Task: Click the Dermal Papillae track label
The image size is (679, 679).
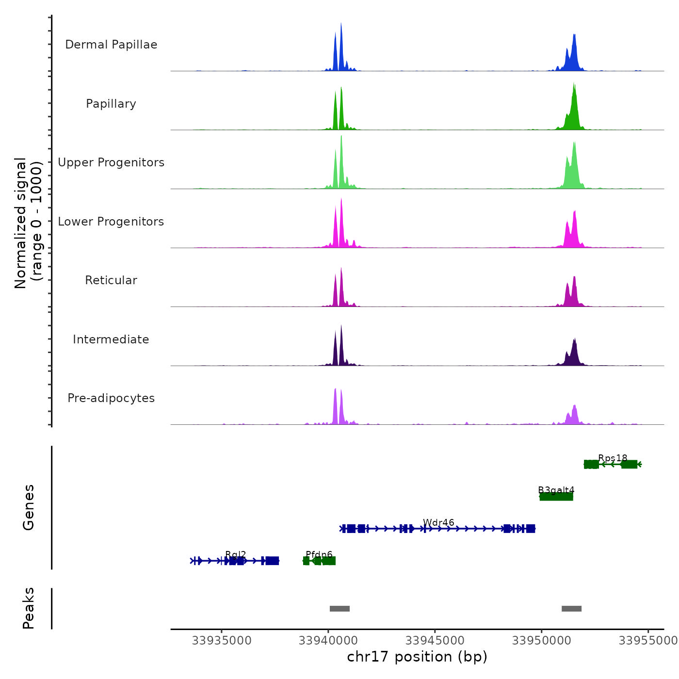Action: [111, 45]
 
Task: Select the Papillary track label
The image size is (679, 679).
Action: [111, 104]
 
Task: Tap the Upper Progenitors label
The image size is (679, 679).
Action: [111, 162]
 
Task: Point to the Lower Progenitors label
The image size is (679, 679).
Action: [111, 222]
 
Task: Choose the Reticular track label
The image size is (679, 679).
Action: [111, 280]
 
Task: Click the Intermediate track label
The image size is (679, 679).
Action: [111, 339]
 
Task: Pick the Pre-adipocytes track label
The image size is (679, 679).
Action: [111, 398]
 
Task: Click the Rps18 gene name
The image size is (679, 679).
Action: [613, 458]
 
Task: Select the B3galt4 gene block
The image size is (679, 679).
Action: [556, 496]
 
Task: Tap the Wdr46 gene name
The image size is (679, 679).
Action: [438, 522]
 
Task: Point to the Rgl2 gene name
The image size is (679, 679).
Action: [236, 555]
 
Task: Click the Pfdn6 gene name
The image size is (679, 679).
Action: [319, 555]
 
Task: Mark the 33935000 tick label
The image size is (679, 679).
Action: [222, 641]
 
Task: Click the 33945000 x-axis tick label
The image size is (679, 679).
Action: [435, 641]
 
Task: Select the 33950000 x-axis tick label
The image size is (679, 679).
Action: [542, 641]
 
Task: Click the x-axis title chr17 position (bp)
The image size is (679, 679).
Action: [417, 657]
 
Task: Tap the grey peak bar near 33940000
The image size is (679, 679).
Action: [339, 609]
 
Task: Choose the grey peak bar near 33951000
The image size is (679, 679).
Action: [571, 609]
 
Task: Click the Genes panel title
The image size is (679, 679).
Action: [28, 507]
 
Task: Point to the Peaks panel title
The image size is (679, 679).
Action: [28, 608]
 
